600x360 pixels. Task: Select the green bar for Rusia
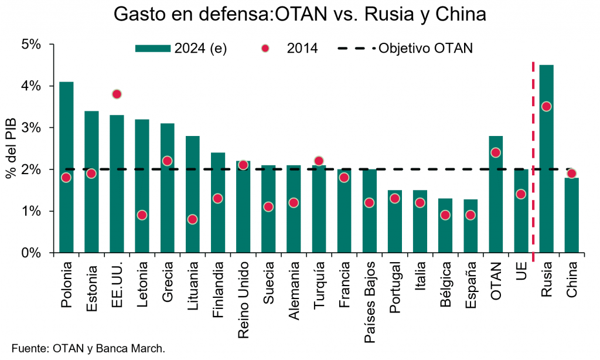coord(546,176)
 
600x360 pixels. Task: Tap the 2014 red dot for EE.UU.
coord(117,94)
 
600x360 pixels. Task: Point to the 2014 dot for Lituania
coord(192,219)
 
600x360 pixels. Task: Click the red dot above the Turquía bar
coord(319,161)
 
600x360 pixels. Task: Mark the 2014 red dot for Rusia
coord(546,106)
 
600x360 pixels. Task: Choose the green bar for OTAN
coord(496,199)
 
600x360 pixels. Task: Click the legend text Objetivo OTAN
coord(425,49)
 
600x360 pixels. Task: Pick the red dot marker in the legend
coord(265,49)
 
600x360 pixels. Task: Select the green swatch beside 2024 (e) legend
coord(153,49)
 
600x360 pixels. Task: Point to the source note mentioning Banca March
coord(88,348)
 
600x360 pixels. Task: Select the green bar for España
coord(471,226)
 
